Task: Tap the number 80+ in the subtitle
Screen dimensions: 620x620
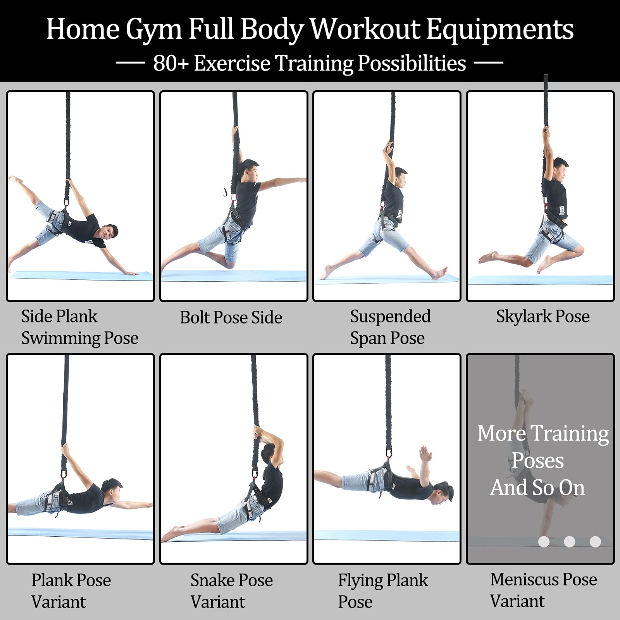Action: pyautogui.click(x=170, y=63)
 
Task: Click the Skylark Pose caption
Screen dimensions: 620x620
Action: pyautogui.click(x=543, y=317)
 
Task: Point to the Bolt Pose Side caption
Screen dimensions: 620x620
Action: pyautogui.click(x=231, y=317)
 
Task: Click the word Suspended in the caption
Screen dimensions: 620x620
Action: pyautogui.click(x=390, y=317)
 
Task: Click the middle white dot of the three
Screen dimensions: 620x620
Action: pyautogui.click(x=569, y=541)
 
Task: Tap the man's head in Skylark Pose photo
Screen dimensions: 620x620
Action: pyautogui.click(x=559, y=168)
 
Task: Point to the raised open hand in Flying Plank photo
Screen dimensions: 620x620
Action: pyautogui.click(x=425, y=454)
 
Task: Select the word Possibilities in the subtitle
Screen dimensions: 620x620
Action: pyautogui.click(x=412, y=64)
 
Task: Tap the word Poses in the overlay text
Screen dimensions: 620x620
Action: pyautogui.click(x=538, y=461)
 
